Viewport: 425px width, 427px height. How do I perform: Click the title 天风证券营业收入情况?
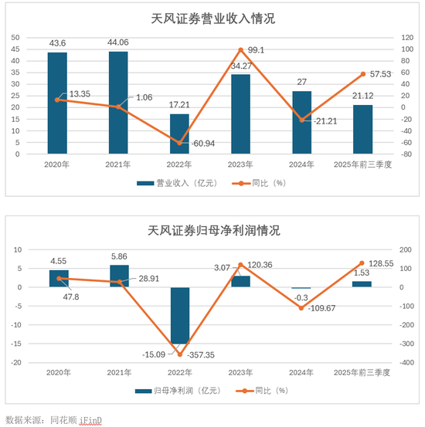click(x=211, y=19)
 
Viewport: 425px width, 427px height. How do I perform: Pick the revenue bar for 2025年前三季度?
click(x=363, y=129)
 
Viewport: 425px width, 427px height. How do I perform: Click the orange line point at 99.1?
click(x=240, y=50)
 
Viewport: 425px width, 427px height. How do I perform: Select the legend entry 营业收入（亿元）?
click(x=174, y=183)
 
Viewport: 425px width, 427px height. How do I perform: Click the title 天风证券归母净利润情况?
click(x=211, y=230)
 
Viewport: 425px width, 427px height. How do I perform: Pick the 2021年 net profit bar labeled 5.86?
click(x=118, y=276)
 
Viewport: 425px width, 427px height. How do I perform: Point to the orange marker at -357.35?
click(x=179, y=354)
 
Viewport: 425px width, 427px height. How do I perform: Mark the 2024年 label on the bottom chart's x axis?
click(x=302, y=372)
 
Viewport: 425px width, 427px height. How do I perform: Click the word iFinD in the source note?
click(x=90, y=419)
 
